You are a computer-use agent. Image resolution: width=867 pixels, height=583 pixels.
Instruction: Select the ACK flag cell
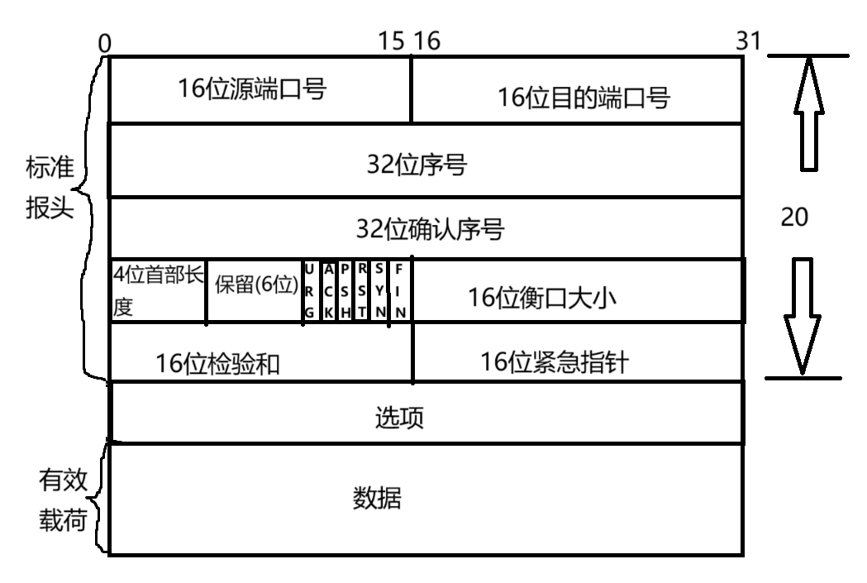click(329, 291)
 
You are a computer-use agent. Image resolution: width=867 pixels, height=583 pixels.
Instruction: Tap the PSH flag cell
click(345, 291)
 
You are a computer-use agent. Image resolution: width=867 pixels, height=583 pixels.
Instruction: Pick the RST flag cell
click(362, 291)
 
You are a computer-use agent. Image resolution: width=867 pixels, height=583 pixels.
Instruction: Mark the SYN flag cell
click(379, 291)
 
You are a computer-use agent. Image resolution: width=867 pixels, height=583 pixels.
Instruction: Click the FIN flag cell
click(400, 291)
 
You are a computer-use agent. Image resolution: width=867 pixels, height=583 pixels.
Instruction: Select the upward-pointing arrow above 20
click(809, 114)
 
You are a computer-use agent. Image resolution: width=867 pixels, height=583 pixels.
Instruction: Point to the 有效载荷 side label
click(64, 499)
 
